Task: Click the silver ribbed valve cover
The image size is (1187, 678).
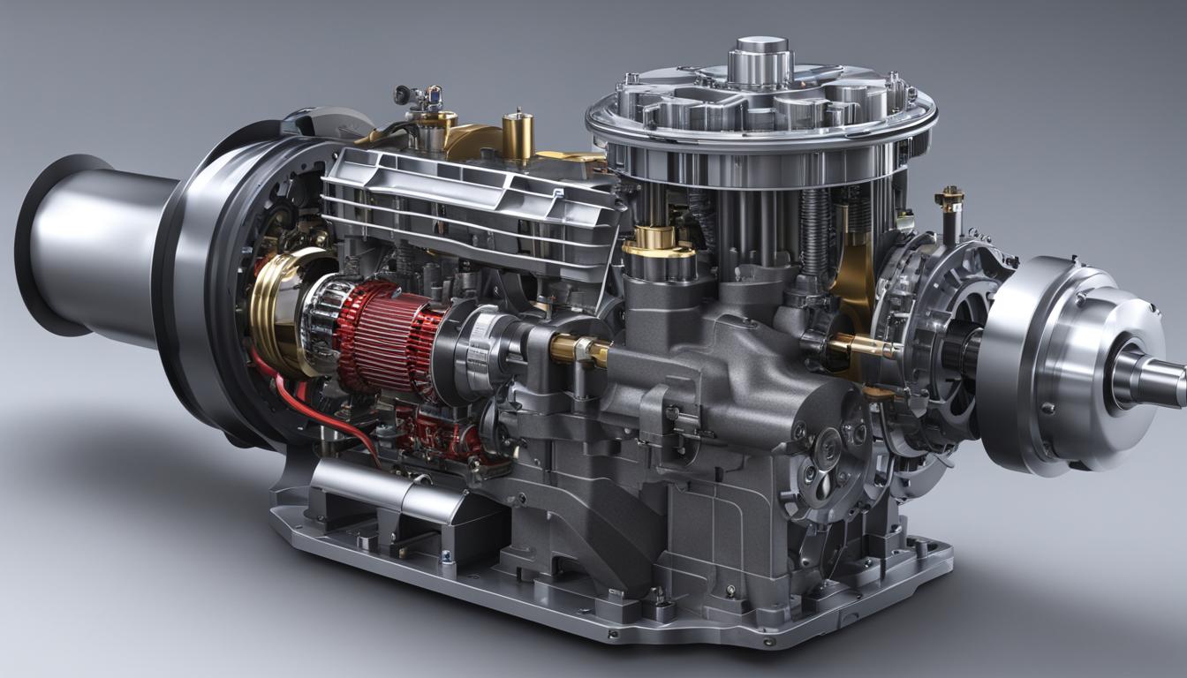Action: (x=468, y=199)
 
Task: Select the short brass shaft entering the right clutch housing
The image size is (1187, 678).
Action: (x=861, y=347)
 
